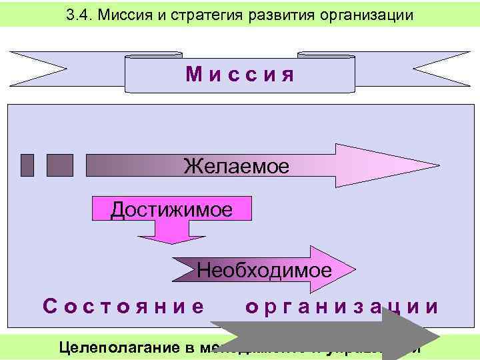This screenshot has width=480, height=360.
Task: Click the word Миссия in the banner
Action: [x=240, y=74]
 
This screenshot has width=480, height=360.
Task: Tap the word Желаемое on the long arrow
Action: [x=236, y=165]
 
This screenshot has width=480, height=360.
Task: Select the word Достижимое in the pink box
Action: [x=171, y=210]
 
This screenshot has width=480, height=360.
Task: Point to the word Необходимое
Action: [x=264, y=270]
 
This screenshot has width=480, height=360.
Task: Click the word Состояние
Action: [x=124, y=307]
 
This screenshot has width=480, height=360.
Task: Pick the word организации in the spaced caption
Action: [x=342, y=307]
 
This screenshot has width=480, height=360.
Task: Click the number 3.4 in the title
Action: [x=81, y=14]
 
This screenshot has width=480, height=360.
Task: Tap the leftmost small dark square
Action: [x=27, y=165]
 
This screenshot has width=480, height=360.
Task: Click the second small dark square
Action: [x=60, y=165]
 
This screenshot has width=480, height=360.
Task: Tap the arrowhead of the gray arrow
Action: [x=410, y=337]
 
